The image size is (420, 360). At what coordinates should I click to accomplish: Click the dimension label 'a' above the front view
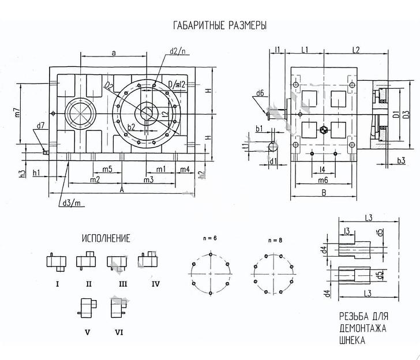114,52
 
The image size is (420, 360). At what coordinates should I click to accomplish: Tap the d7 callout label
40,125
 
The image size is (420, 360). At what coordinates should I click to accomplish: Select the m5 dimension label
107,169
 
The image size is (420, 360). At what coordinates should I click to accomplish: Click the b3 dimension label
400,161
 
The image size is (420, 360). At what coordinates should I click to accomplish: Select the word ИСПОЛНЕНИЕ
106,238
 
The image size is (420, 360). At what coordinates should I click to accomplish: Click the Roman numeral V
87,332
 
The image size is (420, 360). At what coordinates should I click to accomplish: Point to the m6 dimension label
324,181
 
